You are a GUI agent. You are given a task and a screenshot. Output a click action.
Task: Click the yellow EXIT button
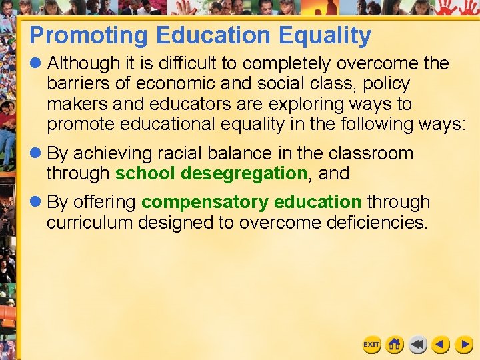371,344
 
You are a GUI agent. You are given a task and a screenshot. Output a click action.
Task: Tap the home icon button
395,344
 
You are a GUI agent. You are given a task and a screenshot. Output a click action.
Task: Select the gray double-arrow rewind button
418,344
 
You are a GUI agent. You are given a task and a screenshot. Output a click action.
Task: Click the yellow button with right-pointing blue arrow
464,344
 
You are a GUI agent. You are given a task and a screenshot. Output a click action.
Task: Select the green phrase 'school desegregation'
211,173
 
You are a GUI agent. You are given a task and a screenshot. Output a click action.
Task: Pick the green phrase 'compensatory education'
251,202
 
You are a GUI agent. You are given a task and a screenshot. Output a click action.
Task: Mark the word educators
181,104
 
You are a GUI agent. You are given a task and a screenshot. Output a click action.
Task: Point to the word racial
178,153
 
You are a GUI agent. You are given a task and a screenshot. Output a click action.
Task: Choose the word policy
387,84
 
